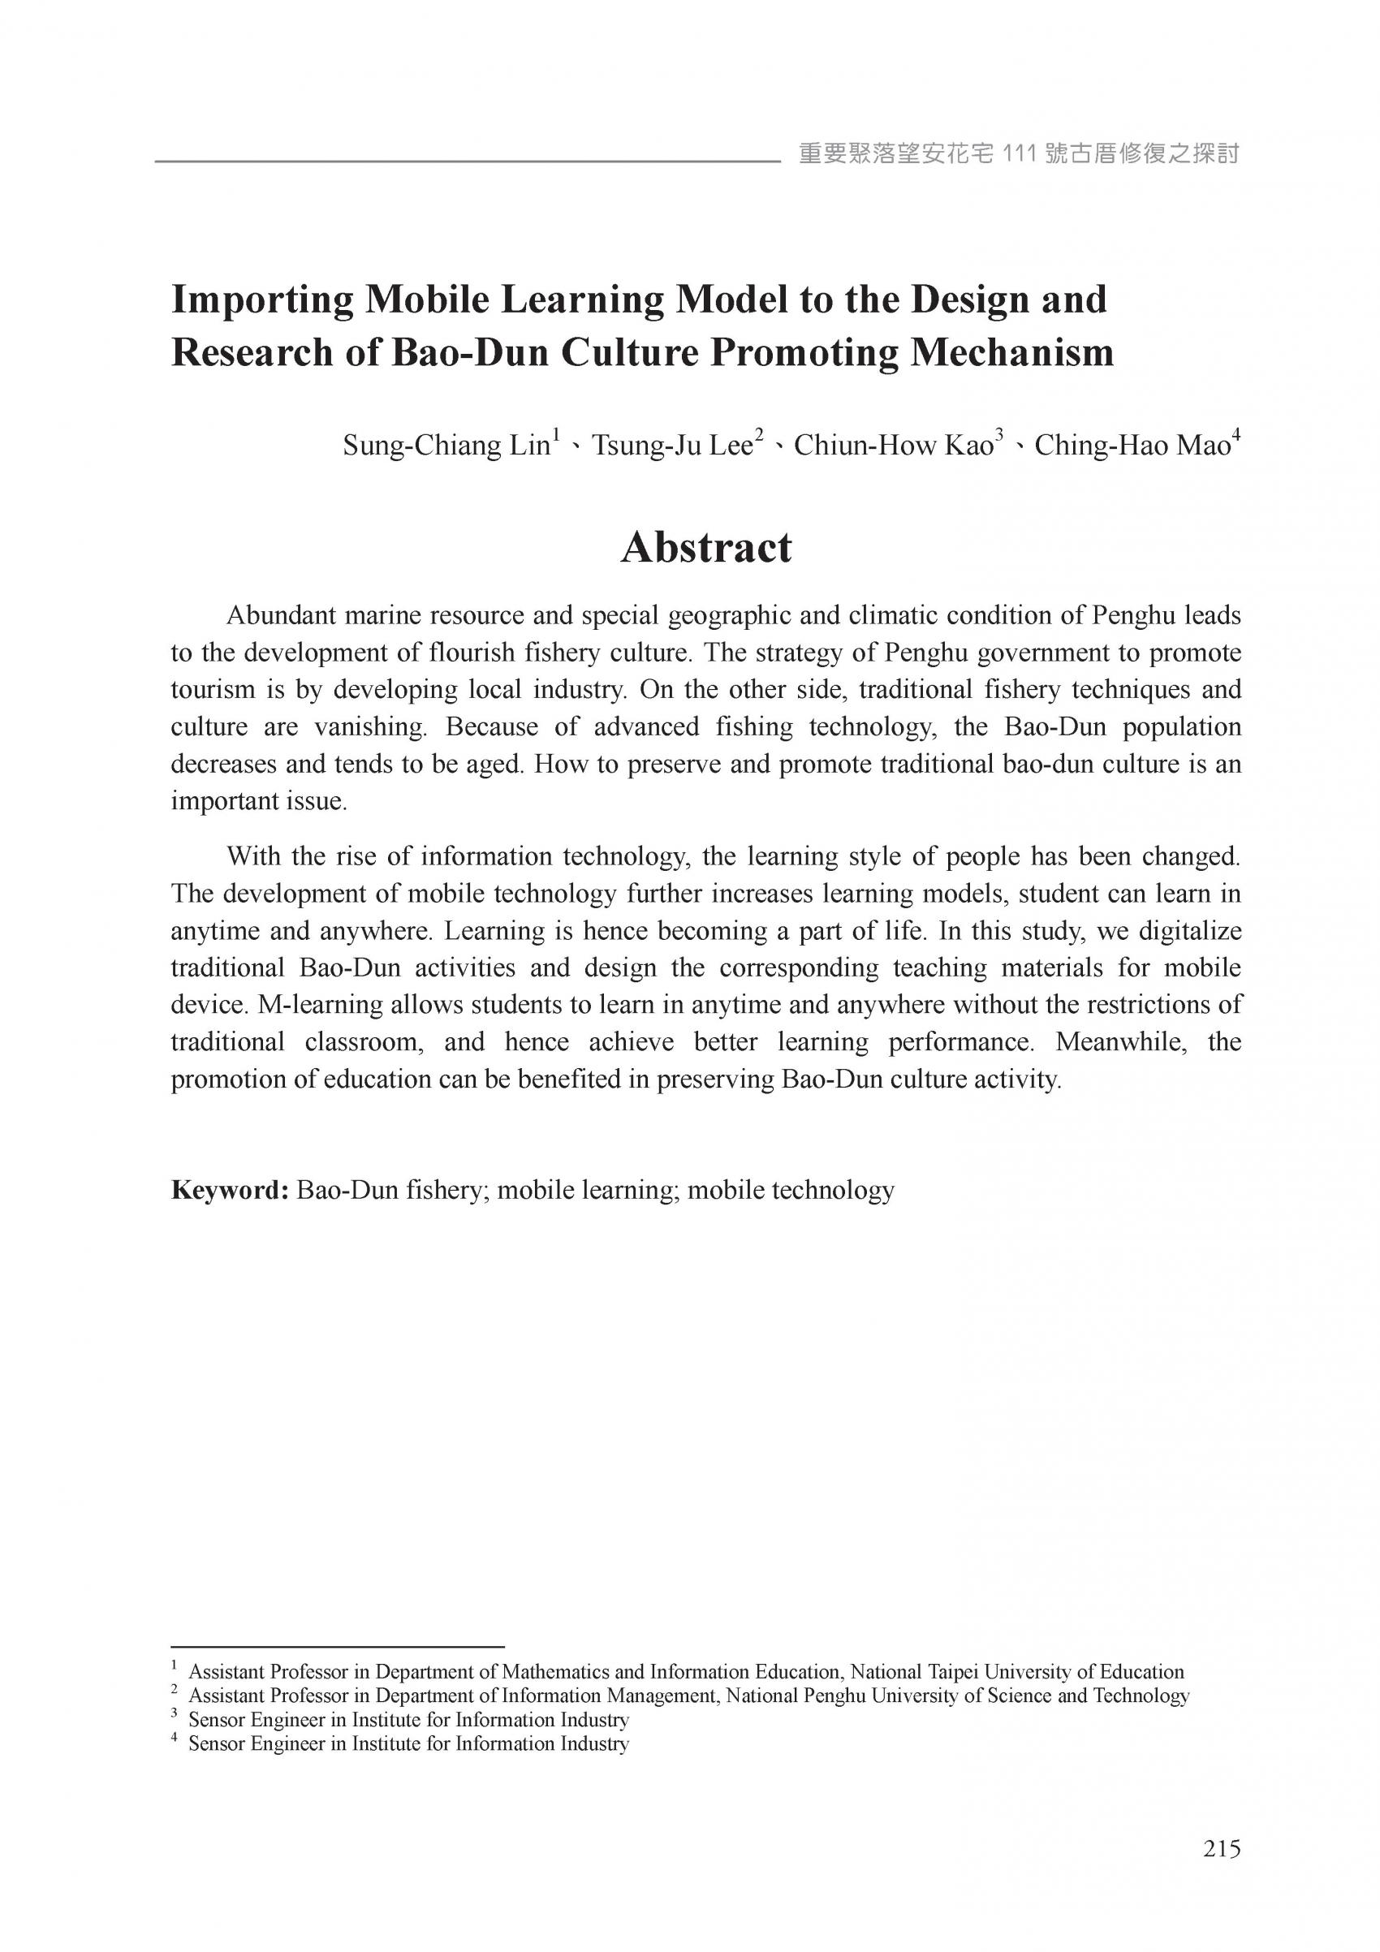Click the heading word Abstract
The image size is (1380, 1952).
pos(705,548)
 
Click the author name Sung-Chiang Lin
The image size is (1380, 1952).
pos(446,446)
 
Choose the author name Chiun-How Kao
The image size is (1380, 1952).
pos(894,446)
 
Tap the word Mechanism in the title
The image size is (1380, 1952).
pos(1011,353)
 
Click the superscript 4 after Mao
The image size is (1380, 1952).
pos(1236,436)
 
